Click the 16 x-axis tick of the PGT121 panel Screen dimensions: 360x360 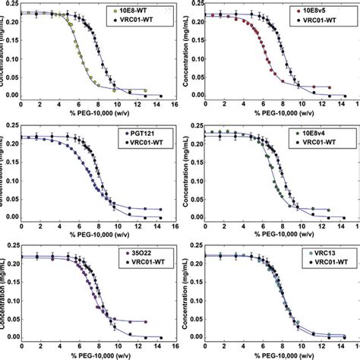[x=174, y=226]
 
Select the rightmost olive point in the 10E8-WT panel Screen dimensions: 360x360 [x=144, y=90]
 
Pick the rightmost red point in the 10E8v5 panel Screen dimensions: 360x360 [x=325, y=93]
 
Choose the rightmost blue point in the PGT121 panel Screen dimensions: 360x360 [x=159, y=209]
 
